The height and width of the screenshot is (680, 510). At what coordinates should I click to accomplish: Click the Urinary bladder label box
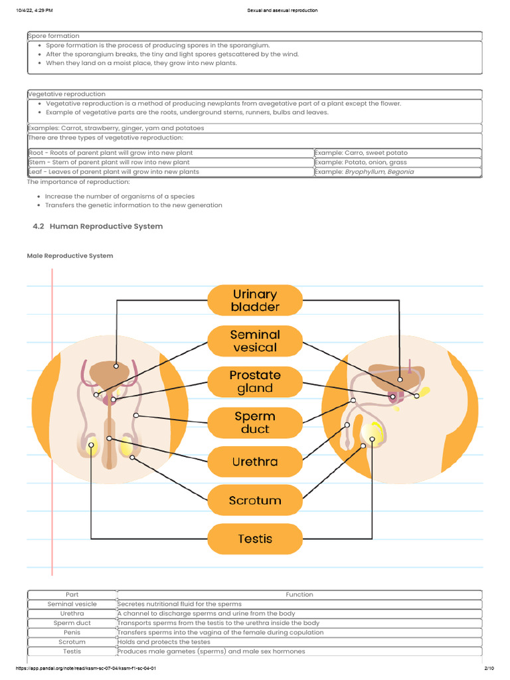(255, 300)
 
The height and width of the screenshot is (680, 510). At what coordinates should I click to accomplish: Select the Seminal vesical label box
(255, 341)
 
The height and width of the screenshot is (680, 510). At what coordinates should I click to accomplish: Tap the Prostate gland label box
(255, 381)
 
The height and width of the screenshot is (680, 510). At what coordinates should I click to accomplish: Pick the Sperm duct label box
(255, 422)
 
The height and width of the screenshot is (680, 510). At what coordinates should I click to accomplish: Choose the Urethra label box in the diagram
(255, 462)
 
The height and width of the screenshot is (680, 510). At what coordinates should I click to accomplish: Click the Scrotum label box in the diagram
(255, 500)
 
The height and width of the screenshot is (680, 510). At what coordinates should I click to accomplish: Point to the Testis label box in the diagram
(255, 539)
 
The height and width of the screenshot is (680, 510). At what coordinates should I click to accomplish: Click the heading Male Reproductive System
(70, 256)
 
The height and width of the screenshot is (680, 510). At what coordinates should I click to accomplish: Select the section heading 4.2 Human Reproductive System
(98, 226)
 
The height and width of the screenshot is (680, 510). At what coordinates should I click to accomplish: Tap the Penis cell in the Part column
(72, 632)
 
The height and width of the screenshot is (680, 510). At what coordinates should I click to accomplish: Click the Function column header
(299, 594)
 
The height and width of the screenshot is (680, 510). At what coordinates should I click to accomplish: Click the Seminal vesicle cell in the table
(72, 604)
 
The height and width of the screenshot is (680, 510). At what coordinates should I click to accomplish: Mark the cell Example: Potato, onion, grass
(361, 162)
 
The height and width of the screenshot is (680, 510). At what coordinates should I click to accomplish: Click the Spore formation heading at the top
(53, 36)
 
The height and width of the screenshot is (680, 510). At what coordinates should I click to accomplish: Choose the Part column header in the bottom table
(72, 594)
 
